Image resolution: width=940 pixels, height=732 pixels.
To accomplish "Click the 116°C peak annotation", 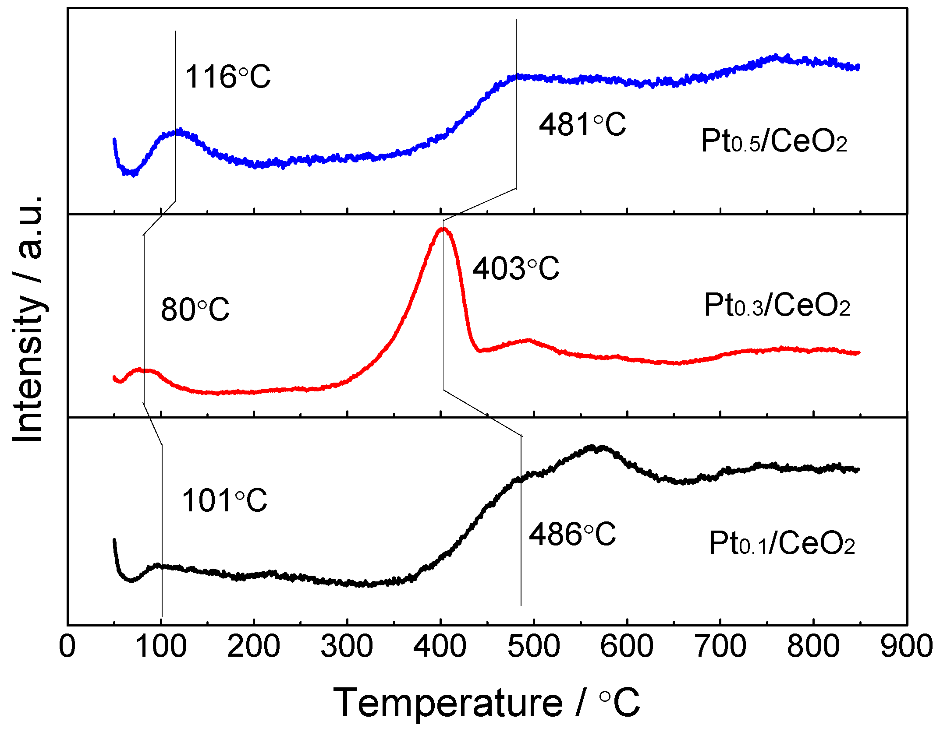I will (x=228, y=77).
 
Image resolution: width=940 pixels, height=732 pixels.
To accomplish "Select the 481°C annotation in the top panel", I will (x=582, y=125).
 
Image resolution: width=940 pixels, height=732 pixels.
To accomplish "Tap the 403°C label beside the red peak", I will (x=515, y=268).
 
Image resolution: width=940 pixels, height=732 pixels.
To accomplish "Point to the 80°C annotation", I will (x=195, y=310).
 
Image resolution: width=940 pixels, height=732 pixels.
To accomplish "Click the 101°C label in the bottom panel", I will (x=224, y=500).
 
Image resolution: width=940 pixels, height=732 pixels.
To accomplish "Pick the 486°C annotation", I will (x=572, y=535).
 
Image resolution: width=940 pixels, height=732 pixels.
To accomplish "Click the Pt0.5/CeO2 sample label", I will (x=774, y=141).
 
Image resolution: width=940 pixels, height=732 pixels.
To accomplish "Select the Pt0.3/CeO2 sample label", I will (x=777, y=305).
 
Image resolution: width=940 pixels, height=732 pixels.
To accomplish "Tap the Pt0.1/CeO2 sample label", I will (x=782, y=543).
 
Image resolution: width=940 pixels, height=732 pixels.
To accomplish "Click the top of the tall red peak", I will (x=443, y=229).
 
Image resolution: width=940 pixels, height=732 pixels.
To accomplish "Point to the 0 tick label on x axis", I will (x=67, y=646).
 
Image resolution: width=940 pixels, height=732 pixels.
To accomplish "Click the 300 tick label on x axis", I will (x=347, y=646).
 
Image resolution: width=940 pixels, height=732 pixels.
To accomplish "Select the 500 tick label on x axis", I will (x=533, y=646).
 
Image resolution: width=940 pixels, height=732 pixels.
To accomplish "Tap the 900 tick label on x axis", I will (x=906, y=646).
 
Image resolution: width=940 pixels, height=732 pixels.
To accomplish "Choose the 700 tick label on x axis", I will (x=720, y=646).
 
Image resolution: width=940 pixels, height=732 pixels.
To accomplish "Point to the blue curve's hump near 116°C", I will (x=177, y=131).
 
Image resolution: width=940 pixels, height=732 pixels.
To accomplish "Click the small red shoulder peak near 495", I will (x=529, y=340).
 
